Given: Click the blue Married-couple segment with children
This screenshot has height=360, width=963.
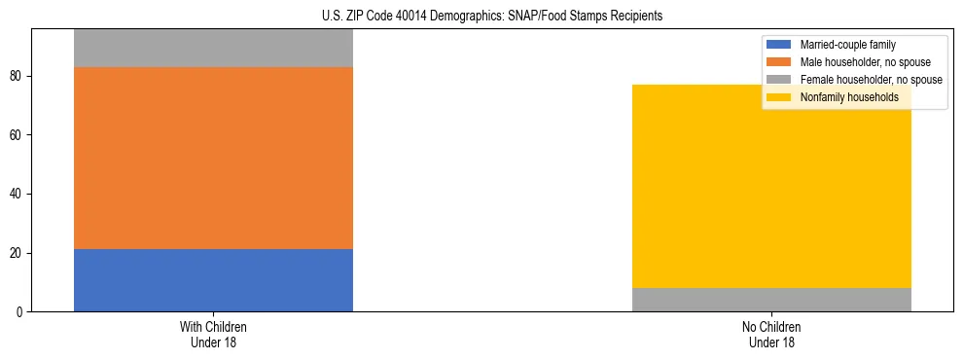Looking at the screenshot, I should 213,280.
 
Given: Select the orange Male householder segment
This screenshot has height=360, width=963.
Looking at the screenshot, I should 213,158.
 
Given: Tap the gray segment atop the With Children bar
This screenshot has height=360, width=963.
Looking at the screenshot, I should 213,48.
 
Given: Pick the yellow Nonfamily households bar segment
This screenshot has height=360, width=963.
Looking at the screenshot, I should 771,186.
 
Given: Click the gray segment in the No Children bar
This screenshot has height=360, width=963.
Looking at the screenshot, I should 771,300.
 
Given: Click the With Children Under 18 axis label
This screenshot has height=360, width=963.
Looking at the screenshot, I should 213,334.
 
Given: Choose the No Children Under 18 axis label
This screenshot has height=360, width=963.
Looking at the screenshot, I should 771,334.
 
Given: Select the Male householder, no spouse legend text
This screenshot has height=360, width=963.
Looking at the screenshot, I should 857,62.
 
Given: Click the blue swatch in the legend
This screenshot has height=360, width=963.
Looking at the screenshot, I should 780,45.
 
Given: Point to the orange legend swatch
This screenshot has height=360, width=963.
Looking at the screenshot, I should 780,62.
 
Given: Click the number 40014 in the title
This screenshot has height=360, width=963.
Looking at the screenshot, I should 413,16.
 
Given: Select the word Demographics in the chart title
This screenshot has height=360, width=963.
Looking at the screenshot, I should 468,16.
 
